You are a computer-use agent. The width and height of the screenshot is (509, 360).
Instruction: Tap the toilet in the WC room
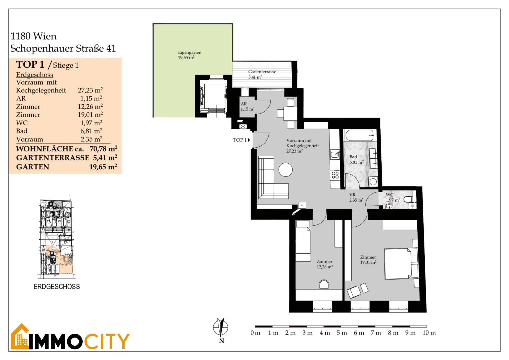coord(408,199)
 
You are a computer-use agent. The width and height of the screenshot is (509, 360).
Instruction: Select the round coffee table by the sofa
coord(285,170)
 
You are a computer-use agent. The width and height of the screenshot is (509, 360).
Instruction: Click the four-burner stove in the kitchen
coord(335,175)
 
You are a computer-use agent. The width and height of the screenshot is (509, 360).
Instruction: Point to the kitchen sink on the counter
coord(335,155)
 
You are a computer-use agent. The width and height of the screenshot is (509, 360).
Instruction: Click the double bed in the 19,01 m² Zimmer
coord(401,264)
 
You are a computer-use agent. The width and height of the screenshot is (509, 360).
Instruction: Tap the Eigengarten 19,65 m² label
coord(189,55)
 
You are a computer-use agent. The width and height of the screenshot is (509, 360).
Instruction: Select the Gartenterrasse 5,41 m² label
coord(262,74)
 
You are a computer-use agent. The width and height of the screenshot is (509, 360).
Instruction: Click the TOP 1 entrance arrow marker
coord(249,140)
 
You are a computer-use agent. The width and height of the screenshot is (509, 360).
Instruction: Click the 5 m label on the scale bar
coord(342,333)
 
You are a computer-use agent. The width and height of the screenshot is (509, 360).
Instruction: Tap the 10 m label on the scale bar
coord(429,333)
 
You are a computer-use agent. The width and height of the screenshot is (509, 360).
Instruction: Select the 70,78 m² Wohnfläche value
coord(103,149)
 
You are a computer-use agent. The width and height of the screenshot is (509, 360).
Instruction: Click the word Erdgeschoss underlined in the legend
coord(35,75)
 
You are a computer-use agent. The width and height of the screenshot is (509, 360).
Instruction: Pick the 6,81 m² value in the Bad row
coord(91,131)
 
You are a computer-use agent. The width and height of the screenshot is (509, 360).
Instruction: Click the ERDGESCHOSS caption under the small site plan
coord(57,287)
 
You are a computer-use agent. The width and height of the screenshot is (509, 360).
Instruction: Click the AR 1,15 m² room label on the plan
coord(247,106)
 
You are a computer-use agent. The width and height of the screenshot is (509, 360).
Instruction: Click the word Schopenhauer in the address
coord(42,48)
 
